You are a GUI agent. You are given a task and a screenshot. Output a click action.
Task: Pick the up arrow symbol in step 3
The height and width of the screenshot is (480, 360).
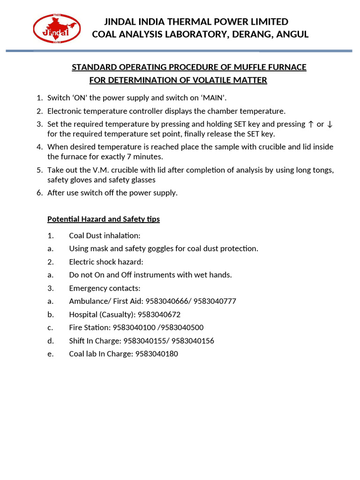[311, 124]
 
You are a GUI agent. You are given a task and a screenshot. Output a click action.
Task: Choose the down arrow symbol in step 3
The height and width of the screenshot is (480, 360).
[330, 124]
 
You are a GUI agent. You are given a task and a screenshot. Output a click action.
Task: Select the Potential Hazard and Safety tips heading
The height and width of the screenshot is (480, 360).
[104, 219]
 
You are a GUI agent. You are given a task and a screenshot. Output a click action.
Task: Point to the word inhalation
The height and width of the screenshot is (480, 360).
[123, 235]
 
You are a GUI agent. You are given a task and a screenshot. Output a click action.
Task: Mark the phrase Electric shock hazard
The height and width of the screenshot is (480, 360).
[106, 262]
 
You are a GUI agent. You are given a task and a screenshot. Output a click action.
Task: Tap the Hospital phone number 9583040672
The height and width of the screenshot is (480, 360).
[158, 315]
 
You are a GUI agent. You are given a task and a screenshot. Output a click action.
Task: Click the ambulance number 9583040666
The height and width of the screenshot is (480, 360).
[166, 301]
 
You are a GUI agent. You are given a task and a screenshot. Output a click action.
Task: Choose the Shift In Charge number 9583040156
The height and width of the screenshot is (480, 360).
[193, 341]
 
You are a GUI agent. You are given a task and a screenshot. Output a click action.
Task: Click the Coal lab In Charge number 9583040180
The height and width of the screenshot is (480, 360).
[157, 354]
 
